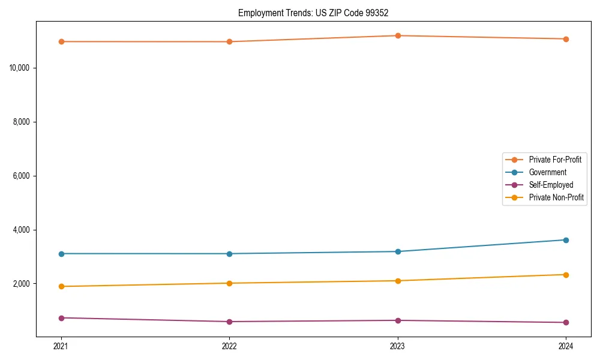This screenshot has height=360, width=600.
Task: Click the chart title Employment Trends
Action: tap(317, 13)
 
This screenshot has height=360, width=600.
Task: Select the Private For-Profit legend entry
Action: tap(555, 160)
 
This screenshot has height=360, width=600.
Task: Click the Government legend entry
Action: tap(547, 172)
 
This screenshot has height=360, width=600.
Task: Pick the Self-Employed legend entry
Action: tap(551, 185)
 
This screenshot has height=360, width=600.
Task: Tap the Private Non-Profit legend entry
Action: tap(556, 197)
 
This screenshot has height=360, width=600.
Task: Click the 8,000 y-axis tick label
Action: tap(22, 122)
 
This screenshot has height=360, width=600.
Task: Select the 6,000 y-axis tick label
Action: tap(22, 176)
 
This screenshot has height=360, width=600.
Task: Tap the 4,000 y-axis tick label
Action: tap(22, 230)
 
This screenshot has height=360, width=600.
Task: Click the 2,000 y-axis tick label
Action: tap(22, 284)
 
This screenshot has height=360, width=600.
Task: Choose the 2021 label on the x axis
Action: tap(61, 346)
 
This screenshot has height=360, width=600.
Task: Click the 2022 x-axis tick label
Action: tap(229, 346)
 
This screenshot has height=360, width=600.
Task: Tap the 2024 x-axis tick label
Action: tap(566, 346)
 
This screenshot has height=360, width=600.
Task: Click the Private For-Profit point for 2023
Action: tap(398, 36)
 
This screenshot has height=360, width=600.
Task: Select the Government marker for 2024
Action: tap(566, 240)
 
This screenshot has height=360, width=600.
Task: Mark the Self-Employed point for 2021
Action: tap(61, 318)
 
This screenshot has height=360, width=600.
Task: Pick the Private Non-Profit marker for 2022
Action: tap(229, 283)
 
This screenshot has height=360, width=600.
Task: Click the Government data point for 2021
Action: tap(61, 254)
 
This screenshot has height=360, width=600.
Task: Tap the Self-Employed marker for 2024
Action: tap(566, 323)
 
